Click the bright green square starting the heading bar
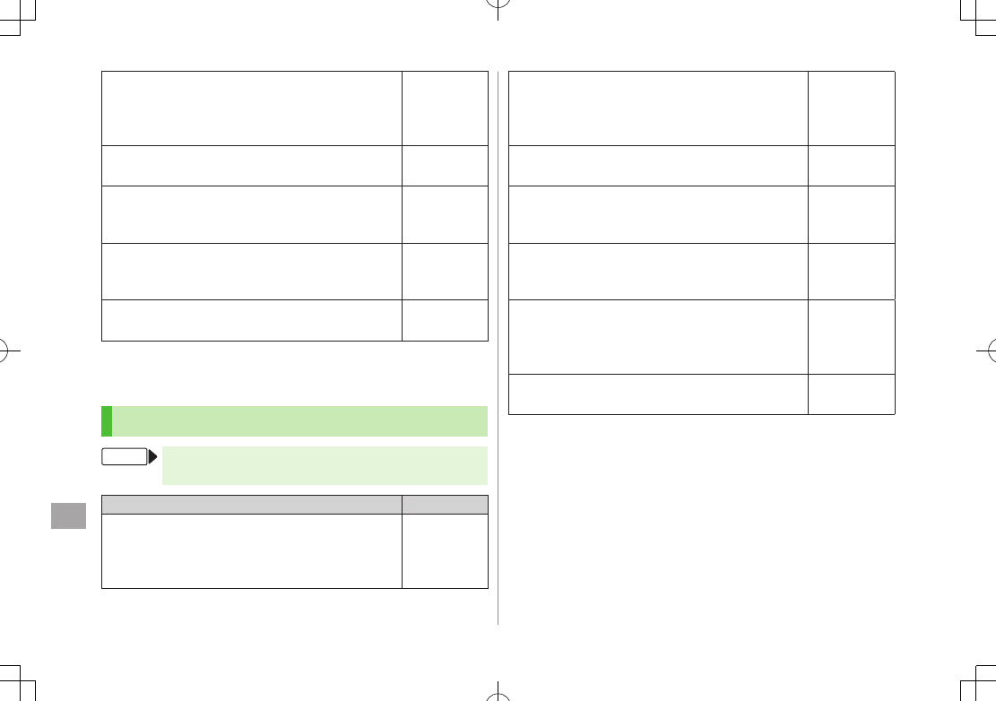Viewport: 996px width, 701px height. click(x=107, y=420)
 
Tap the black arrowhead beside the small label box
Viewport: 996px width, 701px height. click(x=152, y=457)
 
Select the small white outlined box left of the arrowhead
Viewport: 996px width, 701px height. click(x=125, y=457)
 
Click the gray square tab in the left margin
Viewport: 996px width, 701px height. click(x=69, y=515)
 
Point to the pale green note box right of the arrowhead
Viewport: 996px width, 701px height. click(x=325, y=465)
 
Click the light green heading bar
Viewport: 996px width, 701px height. click(x=300, y=420)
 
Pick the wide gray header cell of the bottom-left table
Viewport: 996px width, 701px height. click(x=252, y=504)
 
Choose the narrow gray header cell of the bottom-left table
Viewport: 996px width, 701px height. click(x=446, y=504)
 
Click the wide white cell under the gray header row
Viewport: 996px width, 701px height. click(x=252, y=550)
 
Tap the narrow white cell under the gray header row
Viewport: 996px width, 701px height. click(x=446, y=550)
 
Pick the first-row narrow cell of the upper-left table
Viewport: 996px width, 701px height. click(x=446, y=108)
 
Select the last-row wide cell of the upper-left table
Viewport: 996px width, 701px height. click(x=252, y=320)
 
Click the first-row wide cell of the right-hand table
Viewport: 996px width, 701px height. click(x=658, y=108)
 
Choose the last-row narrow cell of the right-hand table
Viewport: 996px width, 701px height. click(x=851, y=394)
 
